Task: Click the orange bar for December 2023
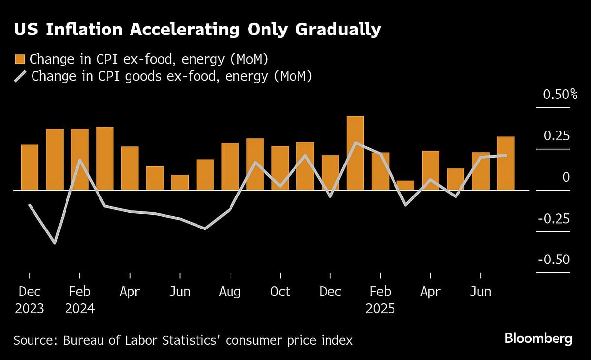point(30,167)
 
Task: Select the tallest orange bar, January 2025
point(355,153)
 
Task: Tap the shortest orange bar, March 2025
point(405,185)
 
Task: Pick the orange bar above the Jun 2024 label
point(180,182)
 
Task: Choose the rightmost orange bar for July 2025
point(505,164)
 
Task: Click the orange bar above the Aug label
point(230,166)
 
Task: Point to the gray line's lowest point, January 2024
point(54,243)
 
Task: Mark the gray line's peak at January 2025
point(355,143)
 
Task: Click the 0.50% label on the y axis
point(559,95)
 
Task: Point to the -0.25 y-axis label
point(554,219)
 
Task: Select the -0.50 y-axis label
point(554,260)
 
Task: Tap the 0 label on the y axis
point(566,177)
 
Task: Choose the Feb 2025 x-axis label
point(380,300)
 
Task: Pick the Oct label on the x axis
point(280,292)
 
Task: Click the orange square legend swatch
point(20,60)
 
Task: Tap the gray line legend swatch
point(20,77)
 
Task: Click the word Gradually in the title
point(338,30)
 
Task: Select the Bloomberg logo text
point(538,339)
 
